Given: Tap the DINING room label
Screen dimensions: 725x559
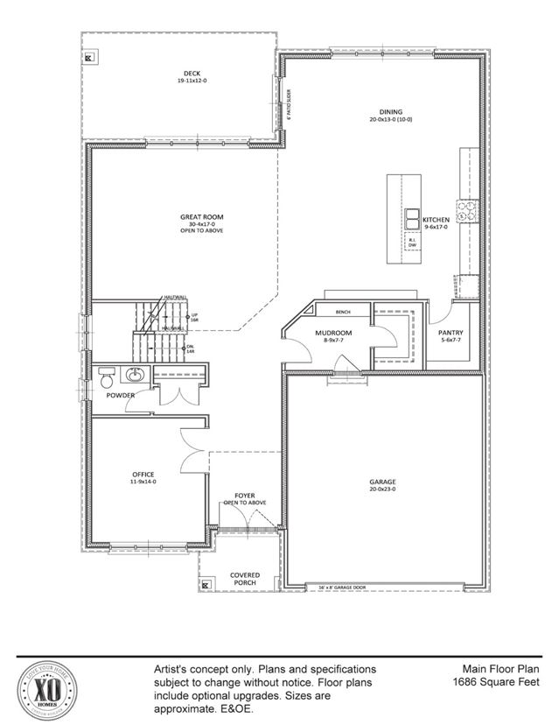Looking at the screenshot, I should coord(390,111).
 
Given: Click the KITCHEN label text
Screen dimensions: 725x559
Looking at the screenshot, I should coord(436,220).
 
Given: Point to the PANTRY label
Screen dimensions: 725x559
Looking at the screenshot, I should coord(451,333).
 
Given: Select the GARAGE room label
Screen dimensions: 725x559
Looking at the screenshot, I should coord(382,482).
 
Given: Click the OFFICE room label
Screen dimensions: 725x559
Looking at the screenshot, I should coord(142,475).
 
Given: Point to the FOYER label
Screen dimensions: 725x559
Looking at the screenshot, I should coord(244,496).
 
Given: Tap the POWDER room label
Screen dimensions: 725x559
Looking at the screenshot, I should coord(121,395).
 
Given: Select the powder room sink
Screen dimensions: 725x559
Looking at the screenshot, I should coord(136,376).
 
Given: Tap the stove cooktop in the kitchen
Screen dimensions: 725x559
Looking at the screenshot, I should coord(467,209).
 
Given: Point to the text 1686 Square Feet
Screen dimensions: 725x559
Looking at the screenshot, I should coord(496,681).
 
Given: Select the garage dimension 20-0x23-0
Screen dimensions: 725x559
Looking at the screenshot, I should coord(382,490).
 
